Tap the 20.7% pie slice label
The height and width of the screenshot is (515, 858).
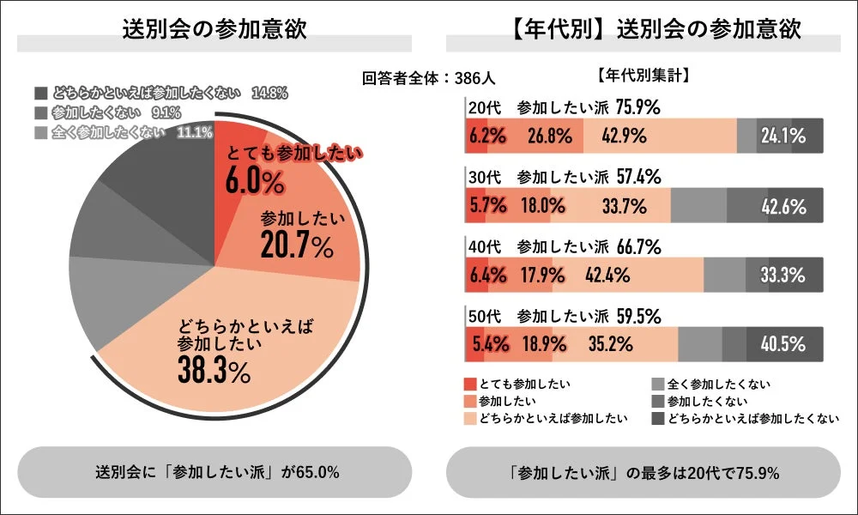296,247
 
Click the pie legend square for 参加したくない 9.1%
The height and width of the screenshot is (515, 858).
41,112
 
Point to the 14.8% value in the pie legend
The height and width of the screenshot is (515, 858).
269,93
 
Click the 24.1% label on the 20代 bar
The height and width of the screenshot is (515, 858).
782,136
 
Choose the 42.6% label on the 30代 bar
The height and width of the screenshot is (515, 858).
782,206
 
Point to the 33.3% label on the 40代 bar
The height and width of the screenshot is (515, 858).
782,276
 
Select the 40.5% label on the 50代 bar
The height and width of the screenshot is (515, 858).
782,345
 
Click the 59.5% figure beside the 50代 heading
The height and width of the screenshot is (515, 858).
639,316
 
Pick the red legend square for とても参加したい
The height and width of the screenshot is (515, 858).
470,384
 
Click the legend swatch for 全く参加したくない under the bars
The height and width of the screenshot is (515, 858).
658,384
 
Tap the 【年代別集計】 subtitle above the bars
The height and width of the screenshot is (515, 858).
643,75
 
